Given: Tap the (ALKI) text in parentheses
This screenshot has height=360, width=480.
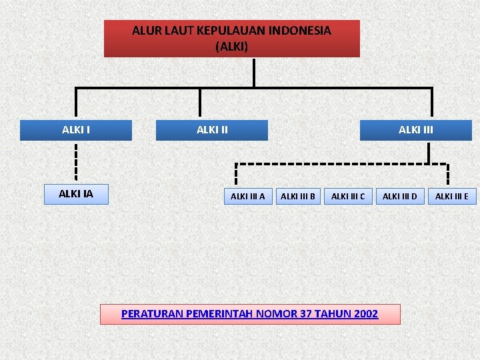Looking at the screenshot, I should (x=231, y=47).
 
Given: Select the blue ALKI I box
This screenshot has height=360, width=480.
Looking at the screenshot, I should (x=76, y=130).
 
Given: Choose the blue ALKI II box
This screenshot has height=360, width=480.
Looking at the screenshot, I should (x=212, y=130).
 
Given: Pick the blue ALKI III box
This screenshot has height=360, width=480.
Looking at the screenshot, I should (x=415, y=130).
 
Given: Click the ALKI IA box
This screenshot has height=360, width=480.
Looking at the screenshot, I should (x=76, y=194).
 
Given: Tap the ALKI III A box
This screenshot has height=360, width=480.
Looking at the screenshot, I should (x=247, y=196).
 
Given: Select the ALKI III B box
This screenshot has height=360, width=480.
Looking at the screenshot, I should (x=298, y=196).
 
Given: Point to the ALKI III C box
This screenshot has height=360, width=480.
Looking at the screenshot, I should (x=348, y=196).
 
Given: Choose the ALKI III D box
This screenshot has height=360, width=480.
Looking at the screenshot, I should (x=399, y=196).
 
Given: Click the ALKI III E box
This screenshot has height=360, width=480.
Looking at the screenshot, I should (x=451, y=196).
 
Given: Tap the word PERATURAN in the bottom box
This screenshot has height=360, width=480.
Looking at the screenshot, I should (x=153, y=314).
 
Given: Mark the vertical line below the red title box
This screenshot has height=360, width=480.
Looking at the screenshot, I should (x=254, y=72).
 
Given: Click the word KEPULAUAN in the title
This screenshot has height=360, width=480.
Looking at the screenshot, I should (x=229, y=30).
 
